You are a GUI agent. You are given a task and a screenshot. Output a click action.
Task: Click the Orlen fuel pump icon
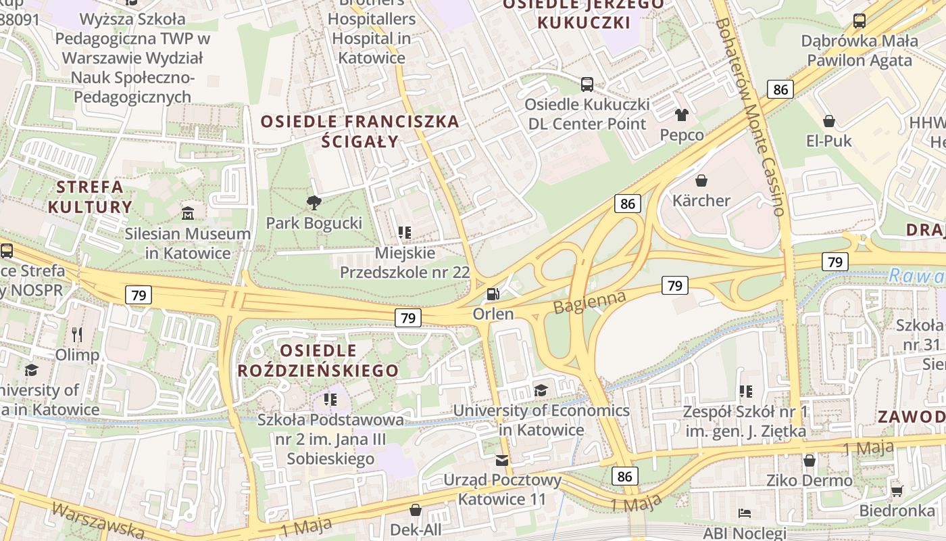(494, 294)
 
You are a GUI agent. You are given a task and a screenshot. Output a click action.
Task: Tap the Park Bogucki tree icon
(314, 202)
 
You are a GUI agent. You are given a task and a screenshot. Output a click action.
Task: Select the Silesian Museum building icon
(188, 213)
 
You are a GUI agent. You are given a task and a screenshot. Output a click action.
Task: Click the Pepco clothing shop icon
(681, 115)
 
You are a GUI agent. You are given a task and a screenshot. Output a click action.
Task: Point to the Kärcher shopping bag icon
(701, 181)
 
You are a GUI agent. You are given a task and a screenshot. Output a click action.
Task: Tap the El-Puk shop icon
(828, 121)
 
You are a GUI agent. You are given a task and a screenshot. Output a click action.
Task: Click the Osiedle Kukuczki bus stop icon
(587, 85)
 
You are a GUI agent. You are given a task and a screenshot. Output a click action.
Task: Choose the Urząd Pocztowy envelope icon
(502, 461)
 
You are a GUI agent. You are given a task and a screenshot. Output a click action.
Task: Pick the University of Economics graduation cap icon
(541, 390)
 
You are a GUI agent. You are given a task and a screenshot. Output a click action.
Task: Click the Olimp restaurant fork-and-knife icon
(77, 334)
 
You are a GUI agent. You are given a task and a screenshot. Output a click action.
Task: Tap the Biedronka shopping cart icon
(897, 490)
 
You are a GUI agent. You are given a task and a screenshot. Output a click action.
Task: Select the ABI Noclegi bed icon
(745, 513)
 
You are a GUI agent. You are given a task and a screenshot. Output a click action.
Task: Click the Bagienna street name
(589, 302)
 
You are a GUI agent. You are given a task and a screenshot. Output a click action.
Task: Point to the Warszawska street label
(98, 520)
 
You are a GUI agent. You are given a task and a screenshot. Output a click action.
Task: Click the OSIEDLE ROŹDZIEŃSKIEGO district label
(318, 360)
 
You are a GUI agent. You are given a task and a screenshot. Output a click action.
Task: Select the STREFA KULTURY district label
(90, 197)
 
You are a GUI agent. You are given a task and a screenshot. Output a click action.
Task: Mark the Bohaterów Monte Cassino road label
(751, 115)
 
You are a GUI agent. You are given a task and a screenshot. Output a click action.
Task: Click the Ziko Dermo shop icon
(810, 461)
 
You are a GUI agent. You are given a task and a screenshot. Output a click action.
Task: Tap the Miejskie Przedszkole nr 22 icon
(405, 233)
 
